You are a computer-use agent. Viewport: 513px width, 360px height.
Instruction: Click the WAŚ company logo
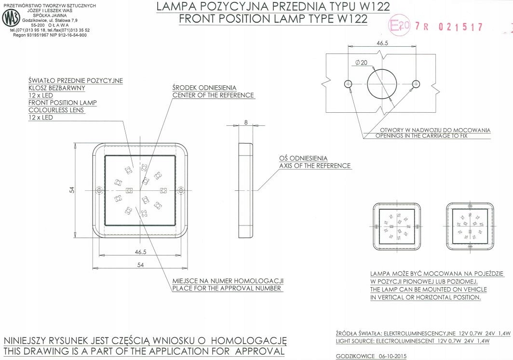12,18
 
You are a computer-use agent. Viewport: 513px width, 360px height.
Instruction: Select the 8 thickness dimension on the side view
246,122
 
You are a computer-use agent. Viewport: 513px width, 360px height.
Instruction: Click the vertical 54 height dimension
72,190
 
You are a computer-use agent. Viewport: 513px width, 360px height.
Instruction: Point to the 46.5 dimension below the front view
141,252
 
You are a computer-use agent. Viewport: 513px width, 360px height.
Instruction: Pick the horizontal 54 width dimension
140,265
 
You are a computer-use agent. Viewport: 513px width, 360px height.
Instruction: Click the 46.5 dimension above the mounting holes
382,43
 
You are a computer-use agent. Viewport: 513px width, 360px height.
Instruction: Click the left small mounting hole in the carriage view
349,84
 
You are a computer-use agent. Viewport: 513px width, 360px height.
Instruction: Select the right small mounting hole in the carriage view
416,84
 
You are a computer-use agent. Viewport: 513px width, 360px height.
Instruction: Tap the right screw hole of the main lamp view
181,190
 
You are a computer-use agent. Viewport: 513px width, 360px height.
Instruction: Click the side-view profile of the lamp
246,190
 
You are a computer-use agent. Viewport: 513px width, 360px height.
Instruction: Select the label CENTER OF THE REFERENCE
213,95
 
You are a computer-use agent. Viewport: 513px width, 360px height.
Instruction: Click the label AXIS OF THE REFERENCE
315,166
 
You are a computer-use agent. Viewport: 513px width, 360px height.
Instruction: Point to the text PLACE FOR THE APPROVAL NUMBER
227,288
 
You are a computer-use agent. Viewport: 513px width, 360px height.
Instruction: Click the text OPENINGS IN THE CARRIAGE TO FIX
421,136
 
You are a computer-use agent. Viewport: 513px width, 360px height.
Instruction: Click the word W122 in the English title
351,19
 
